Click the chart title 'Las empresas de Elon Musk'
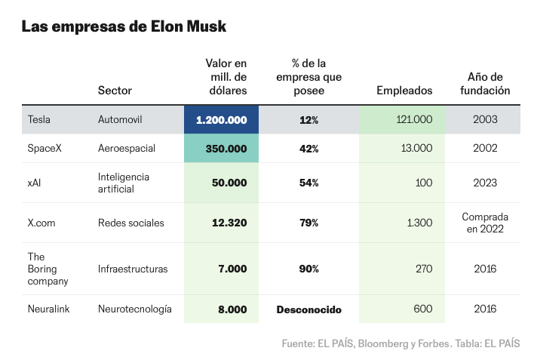pyautogui.click(x=124, y=26)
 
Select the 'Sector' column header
pyautogui.click(x=115, y=91)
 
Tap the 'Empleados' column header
pyautogui.click(x=404, y=91)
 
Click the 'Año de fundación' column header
pyautogui.click(x=485, y=84)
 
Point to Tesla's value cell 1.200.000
pyautogui.click(x=221, y=120)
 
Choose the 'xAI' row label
pyautogui.click(x=35, y=183)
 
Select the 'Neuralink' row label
pyautogui.click(x=49, y=309)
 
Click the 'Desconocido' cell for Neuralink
pyautogui.click(x=308, y=309)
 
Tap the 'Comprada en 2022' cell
pyautogui.click(x=485, y=223)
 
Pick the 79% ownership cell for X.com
pyautogui.click(x=308, y=223)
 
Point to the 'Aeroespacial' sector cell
pyautogui.click(x=127, y=149)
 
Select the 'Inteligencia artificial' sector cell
pyautogui.click(x=124, y=183)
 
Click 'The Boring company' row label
pyautogui.click(x=48, y=269)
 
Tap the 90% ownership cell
pyautogui.click(x=308, y=269)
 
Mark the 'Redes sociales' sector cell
pyautogui.click(x=130, y=223)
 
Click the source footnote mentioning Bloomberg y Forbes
pyautogui.click(x=400, y=343)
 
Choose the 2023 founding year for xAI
pyautogui.click(x=485, y=183)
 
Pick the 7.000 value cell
pyautogui.click(x=232, y=269)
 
